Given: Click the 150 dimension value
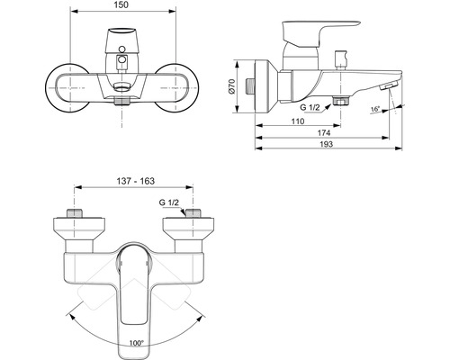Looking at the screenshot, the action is coord(121,4).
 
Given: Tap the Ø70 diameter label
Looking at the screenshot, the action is coord(232,87).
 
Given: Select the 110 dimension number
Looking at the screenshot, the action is coord(298,121).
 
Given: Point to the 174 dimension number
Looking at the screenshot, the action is coord(324,133).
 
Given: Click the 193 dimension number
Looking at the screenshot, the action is coord(327,144).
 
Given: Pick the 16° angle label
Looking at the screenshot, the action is coord(375,109).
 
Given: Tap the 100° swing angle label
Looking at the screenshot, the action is coord(137,343).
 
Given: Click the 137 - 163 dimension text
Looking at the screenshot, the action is coord(136,181).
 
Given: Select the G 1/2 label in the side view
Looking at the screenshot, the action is coord(310,108).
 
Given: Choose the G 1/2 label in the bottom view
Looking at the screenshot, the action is coord(169,202).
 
